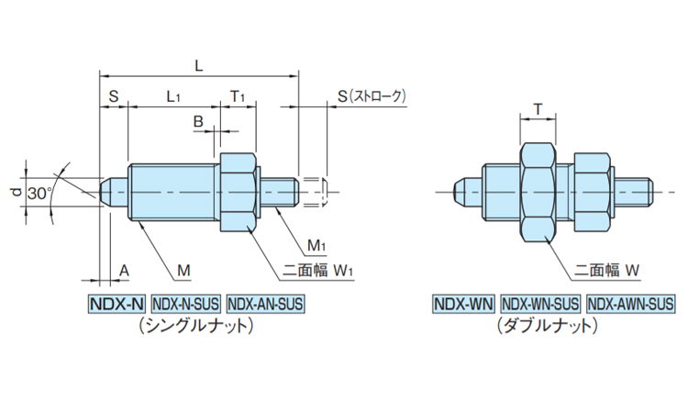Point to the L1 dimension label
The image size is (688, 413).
coord(172,95)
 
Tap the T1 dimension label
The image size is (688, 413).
coord(237,95)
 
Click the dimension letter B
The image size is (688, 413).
coord(197,121)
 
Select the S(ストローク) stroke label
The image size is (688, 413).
coord(371,95)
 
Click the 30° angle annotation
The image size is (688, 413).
coord(39,194)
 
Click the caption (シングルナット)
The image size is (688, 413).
coord(194,325)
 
